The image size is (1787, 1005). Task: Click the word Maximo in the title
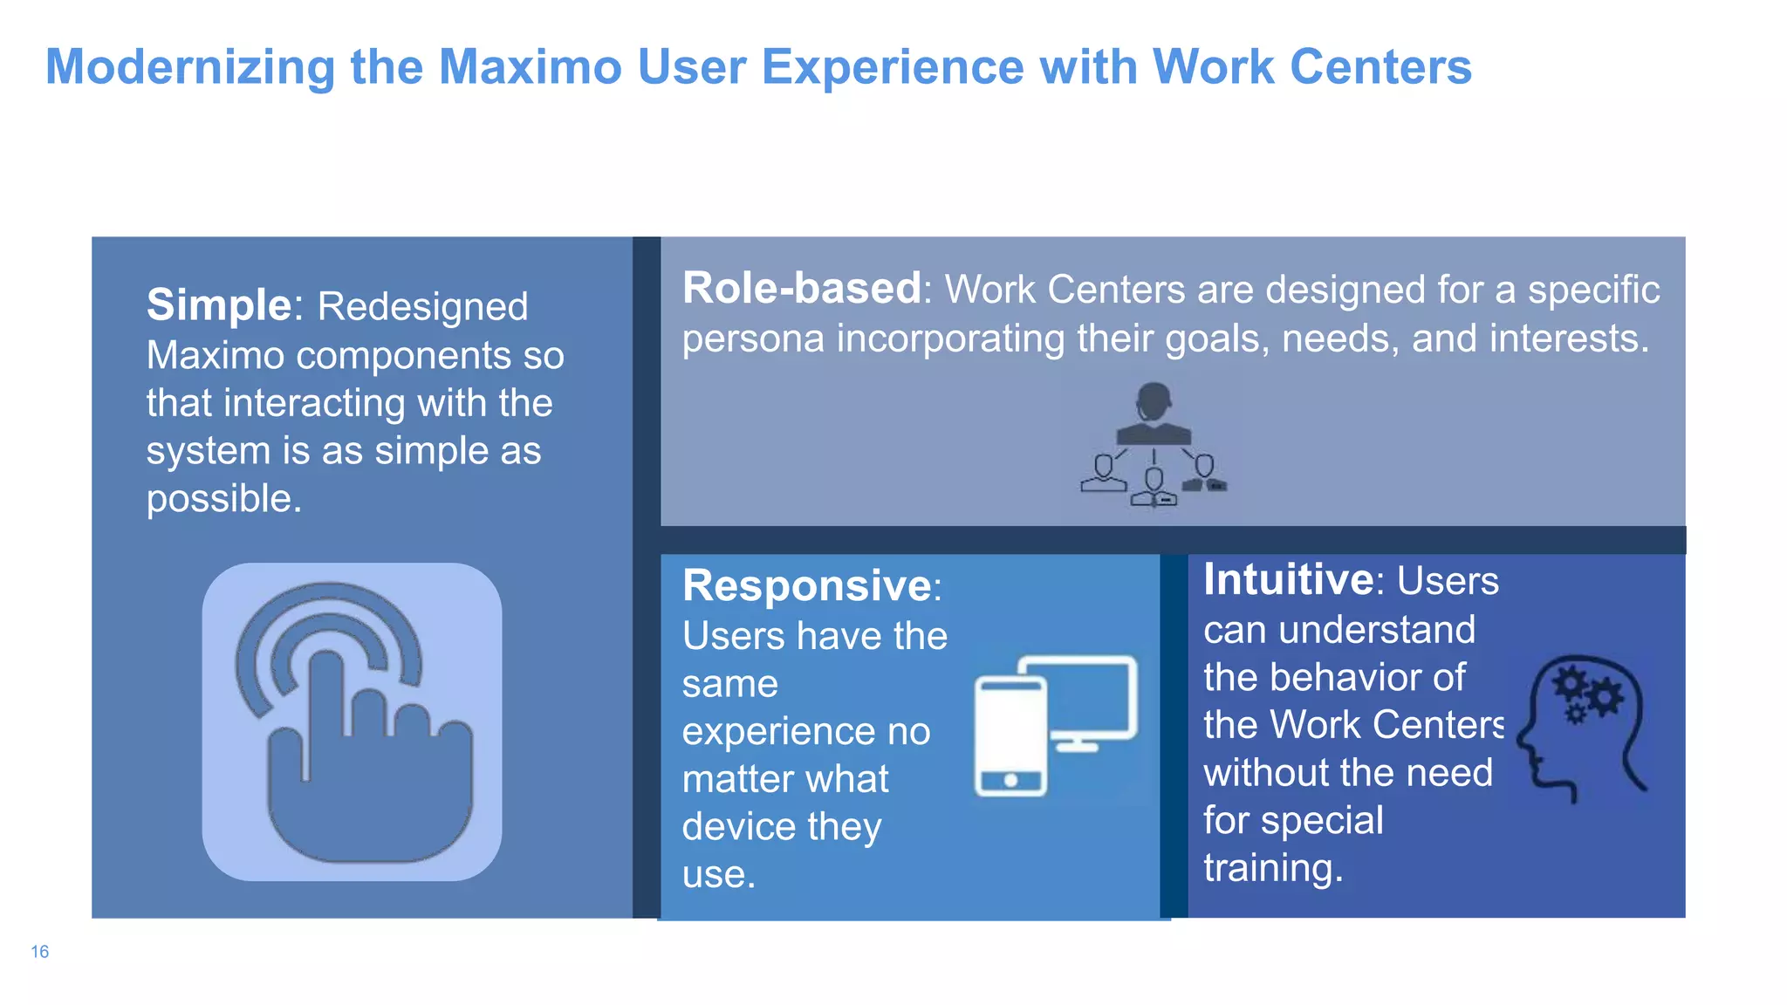point(530,67)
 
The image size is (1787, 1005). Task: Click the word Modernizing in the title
point(190,67)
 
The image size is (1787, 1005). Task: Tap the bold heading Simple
point(218,304)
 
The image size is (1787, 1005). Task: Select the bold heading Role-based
point(801,288)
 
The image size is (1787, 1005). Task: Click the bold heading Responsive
point(807,585)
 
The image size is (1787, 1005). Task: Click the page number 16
point(39,952)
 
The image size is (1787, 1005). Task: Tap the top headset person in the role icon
point(1154,410)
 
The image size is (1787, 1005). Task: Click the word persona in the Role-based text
point(752,338)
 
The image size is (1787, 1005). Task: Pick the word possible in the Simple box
point(223,499)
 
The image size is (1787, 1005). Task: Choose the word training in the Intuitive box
point(1272,868)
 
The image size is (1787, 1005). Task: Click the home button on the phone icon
point(1010,780)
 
